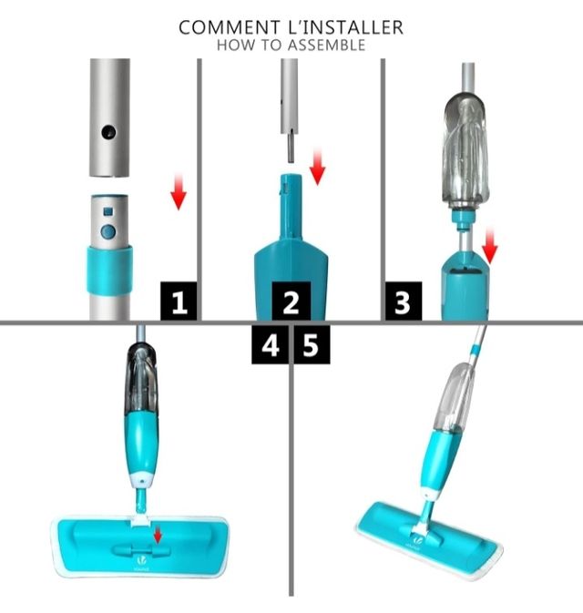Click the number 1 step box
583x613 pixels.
click(x=179, y=301)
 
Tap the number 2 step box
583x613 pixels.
click(x=291, y=301)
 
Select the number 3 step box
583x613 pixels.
click(x=402, y=301)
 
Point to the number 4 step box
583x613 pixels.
click(x=271, y=347)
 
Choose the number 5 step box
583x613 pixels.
click(x=311, y=347)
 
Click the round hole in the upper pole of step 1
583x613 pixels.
click(x=108, y=132)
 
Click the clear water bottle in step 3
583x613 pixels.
click(x=470, y=155)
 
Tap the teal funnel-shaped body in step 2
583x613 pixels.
click(x=291, y=246)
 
